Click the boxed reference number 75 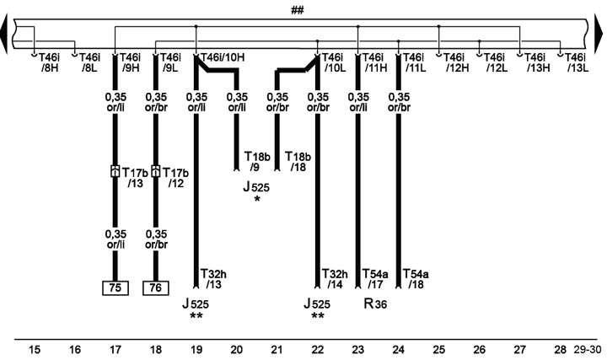(115, 288)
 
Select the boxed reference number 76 (156, 288)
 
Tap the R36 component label (375, 304)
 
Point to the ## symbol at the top (298, 10)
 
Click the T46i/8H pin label (49, 63)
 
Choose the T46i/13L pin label (577, 63)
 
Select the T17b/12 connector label (175, 178)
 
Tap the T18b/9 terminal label (257, 162)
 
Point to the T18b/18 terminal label (298, 162)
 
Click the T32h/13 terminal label (213, 279)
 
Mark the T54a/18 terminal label (416, 279)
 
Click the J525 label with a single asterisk (256, 193)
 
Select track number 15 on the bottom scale (35, 350)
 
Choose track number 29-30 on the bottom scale (588, 350)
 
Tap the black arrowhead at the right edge (599, 34)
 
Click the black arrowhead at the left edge (4, 34)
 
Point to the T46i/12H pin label (455, 63)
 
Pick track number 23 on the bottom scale (358, 350)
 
